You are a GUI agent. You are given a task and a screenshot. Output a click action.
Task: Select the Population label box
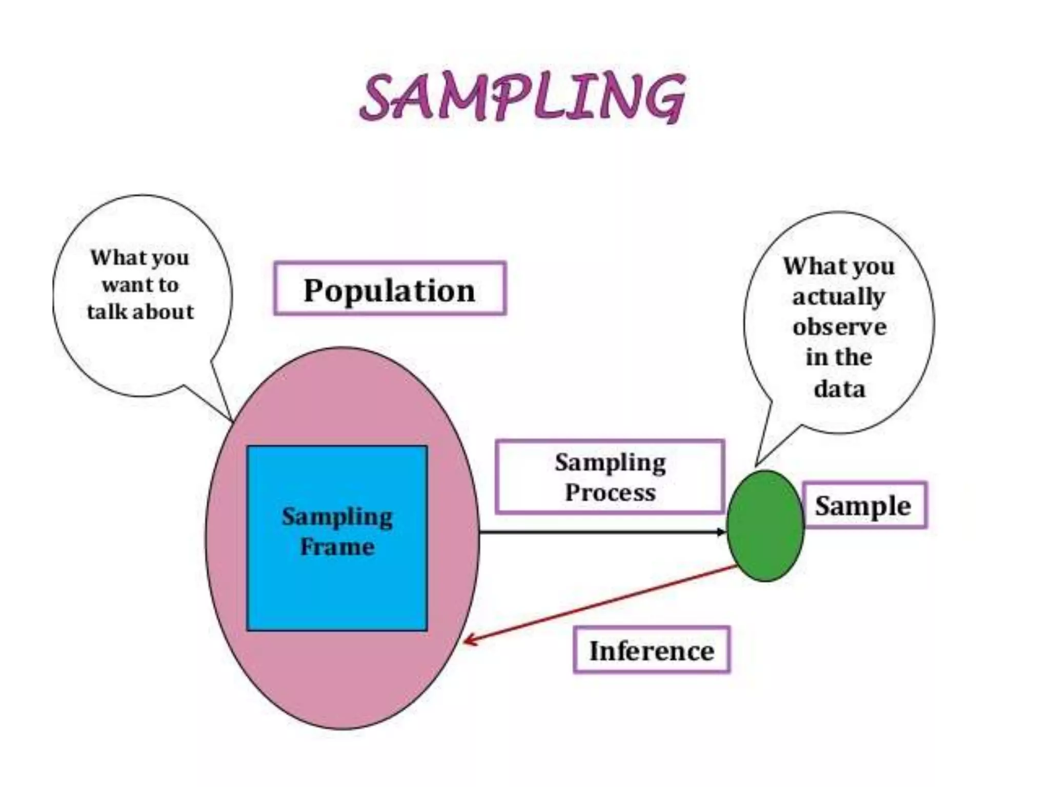tap(390, 288)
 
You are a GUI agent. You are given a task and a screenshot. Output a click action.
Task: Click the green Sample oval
tap(765, 526)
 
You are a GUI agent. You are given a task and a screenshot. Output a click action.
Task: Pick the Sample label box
tap(864, 506)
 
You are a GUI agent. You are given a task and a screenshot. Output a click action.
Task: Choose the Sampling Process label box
tap(610, 477)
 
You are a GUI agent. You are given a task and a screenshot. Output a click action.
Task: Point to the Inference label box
tap(651, 650)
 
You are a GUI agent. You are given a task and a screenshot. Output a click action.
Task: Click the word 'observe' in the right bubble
tap(839, 327)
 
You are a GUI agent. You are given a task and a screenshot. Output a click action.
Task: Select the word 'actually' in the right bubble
tap(839, 297)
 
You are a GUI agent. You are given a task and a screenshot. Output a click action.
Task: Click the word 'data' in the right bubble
tap(839, 388)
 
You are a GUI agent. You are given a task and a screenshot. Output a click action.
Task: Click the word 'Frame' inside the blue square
tap(337, 547)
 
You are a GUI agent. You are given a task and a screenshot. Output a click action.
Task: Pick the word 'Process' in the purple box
tap(610, 493)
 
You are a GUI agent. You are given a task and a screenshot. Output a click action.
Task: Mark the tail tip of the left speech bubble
tap(232, 420)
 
